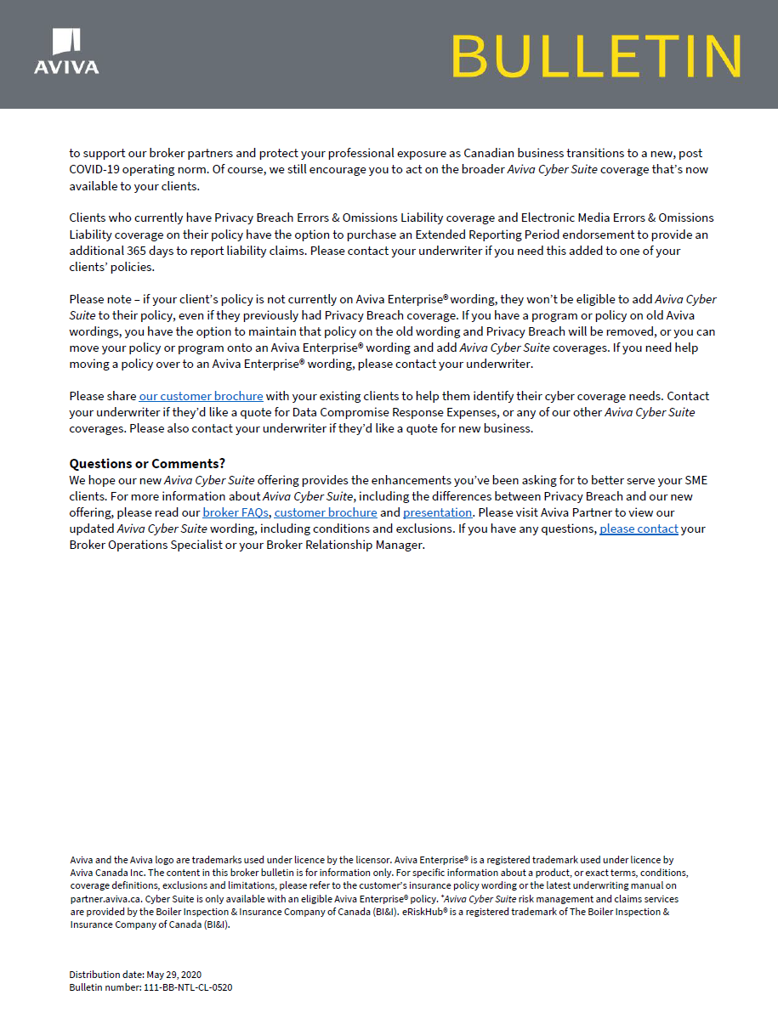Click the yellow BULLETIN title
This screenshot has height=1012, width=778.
click(x=596, y=56)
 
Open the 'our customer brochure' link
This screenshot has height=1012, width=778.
click(x=201, y=396)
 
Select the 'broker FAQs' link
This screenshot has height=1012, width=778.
click(x=236, y=512)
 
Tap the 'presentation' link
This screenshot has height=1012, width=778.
click(x=438, y=512)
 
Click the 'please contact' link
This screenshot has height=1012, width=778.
click(x=639, y=529)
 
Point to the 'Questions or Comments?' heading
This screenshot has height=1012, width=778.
click(x=147, y=463)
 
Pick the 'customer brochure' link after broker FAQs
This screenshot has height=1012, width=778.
click(x=326, y=512)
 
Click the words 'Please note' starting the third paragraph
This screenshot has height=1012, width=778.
click(x=97, y=299)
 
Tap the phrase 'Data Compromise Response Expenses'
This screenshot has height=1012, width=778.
click(x=395, y=412)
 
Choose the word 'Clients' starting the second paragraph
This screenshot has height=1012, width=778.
click(x=88, y=218)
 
